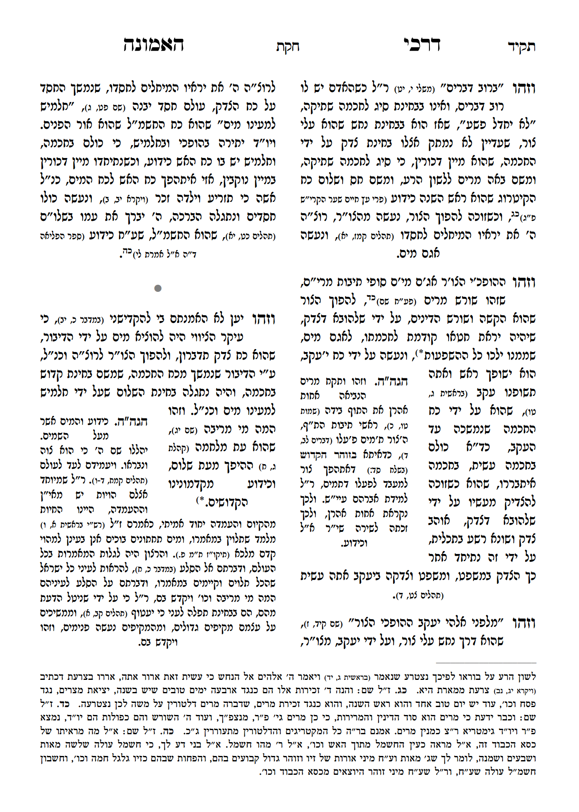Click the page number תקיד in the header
coord(521,46)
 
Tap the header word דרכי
coord(422,44)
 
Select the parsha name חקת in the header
coord(288,46)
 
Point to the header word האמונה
coord(153,44)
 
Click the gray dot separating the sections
coord(158,288)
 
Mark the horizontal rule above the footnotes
coord(486,663)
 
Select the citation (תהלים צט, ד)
coord(418,596)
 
